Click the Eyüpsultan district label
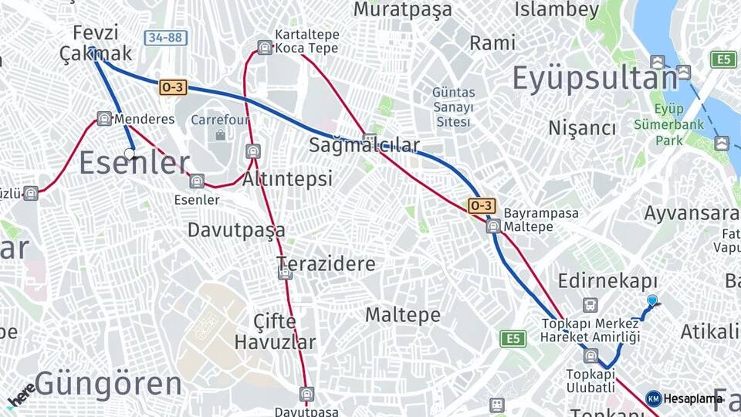point(594,79)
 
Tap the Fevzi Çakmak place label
point(96,43)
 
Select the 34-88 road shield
point(165,37)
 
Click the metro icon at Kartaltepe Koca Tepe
point(265,48)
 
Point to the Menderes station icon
point(104,119)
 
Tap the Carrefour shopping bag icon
point(221,135)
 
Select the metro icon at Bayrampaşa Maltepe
point(493,226)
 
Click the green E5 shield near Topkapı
point(513,338)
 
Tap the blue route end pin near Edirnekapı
point(652,301)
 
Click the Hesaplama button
point(685,398)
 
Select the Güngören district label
point(108,383)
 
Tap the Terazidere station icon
point(285,273)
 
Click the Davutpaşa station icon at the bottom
point(306,395)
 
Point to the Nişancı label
point(582,128)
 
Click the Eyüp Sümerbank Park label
point(658,125)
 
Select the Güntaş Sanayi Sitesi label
point(453,107)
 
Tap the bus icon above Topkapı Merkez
point(590,305)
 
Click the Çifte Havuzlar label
point(275,331)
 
